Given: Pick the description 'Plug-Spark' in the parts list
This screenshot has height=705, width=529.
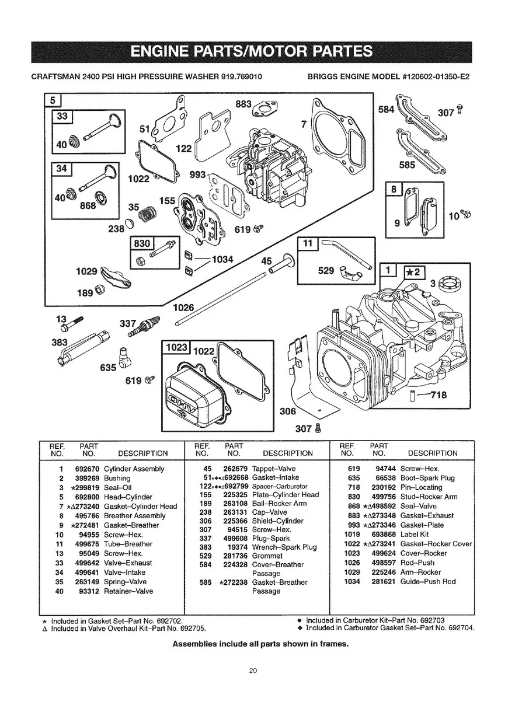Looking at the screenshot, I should click(270, 538).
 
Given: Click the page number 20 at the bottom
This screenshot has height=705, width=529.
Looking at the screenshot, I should click(252, 671).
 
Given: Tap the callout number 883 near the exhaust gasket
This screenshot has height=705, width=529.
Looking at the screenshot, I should click(243, 104).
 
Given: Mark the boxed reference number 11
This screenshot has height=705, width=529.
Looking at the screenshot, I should click(307, 243).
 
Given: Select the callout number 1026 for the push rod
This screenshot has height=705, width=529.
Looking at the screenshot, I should click(185, 308).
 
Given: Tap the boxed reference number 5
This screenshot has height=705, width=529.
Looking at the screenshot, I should click(52, 100).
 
